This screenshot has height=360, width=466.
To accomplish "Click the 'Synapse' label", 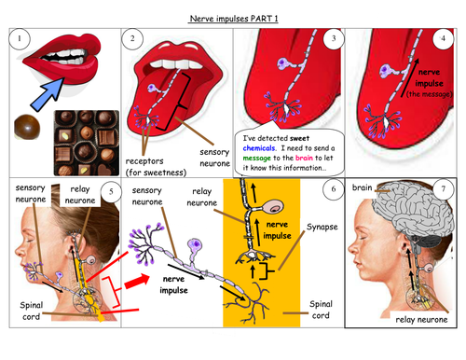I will pos(321,226).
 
